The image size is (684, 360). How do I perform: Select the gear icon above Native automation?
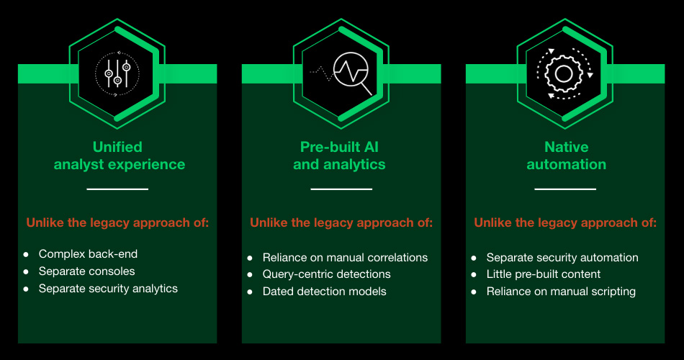[x=565, y=73]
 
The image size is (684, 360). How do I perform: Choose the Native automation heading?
[x=566, y=156]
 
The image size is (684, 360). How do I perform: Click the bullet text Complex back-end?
[x=88, y=254]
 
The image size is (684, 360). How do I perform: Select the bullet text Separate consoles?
[x=86, y=271]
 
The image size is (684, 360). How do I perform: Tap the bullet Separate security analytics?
[x=108, y=289]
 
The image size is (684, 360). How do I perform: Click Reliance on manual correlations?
[x=345, y=258]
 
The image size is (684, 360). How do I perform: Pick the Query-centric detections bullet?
[x=326, y=274]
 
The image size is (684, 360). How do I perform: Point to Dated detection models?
[x=324, y=292]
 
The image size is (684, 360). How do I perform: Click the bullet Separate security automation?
[x=562, y=258]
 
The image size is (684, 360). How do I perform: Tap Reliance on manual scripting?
[x=561, y=292]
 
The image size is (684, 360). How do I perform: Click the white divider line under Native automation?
[x=565, y=189]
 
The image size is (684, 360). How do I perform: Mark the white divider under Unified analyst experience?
[x=117, y=189]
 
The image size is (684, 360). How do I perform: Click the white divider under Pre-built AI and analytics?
[x=341, y=189]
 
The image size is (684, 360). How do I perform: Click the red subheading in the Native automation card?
[x=565, y=223]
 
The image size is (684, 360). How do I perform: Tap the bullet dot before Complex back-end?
[x=26, y=254]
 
